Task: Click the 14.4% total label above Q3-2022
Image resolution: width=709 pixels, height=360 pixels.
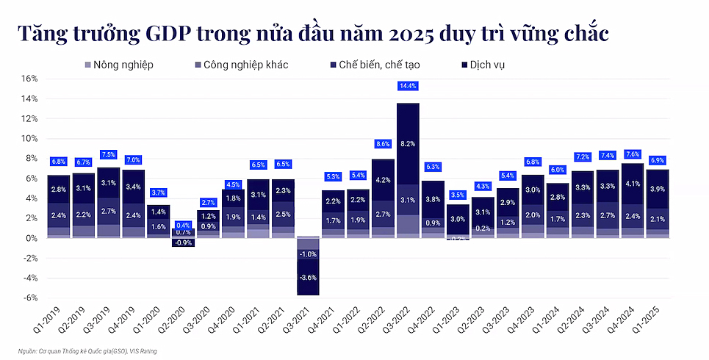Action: tap(408, 86)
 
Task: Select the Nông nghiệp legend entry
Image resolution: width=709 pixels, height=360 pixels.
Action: tap(120, 65)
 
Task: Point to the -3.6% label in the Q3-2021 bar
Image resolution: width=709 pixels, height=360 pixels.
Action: tap(308, 277)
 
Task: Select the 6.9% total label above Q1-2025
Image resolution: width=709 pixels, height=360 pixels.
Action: tap(658, 159)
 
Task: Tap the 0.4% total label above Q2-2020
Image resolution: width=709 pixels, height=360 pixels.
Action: tap(183, 225)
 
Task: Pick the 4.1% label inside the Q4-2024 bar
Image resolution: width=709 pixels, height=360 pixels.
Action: tap(633, 184)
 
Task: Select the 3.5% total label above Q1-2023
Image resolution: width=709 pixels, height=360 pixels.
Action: tap(458, 195)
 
